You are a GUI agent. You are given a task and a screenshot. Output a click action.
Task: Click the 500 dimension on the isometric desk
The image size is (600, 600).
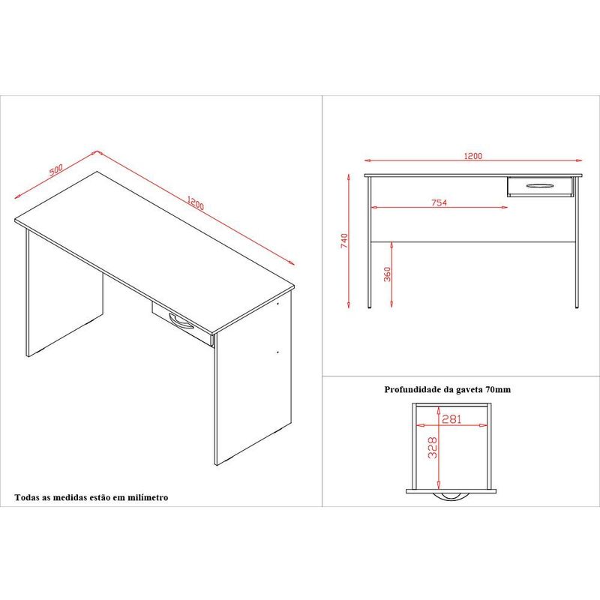click(55, 169)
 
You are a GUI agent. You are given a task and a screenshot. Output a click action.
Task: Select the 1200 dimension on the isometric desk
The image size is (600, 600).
click(196, 202)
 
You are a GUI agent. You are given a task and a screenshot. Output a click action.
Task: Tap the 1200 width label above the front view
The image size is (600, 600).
click(473, 156)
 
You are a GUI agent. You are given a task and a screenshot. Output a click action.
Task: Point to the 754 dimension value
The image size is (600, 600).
click(439, 202)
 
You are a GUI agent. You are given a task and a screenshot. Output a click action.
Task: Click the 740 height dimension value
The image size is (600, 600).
click(344, 241)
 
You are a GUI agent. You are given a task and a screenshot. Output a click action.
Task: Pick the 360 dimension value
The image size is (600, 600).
click(387, 274)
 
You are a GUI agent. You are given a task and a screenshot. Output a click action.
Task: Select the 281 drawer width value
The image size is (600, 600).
click(451, 419)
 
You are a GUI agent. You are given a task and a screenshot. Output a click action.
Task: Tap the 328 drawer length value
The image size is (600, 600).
click(433, 448)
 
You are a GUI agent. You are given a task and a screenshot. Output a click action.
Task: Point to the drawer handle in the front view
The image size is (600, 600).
click(539, 186)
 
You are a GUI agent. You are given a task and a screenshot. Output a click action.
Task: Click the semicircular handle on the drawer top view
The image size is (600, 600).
click(451, 496)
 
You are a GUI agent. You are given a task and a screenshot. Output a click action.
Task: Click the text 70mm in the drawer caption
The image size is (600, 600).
click(498, 389)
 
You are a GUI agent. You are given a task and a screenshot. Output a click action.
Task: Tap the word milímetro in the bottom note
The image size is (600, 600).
click(148, 497)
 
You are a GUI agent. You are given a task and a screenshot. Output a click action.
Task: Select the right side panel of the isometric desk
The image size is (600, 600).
click(253, 379)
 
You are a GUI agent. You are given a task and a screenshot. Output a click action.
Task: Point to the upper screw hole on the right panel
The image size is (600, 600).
click(277, 304)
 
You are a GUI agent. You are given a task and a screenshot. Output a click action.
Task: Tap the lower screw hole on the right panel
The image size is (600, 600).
click(277, 352)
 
